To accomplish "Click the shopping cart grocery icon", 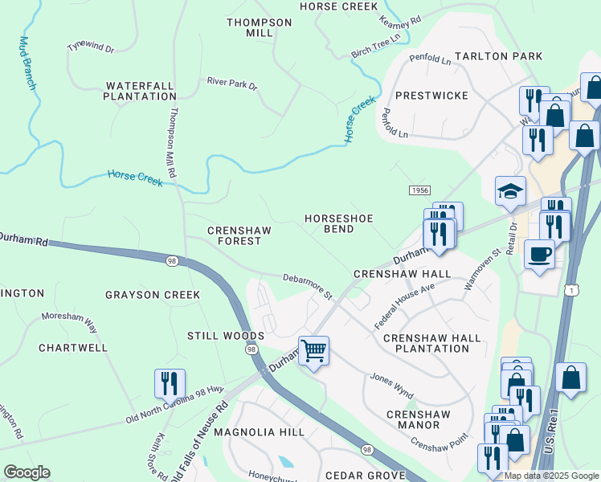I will pos(313,350).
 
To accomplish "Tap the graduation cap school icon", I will pos(510,191).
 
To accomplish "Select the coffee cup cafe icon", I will pos(538,254).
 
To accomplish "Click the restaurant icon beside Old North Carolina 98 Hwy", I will pos(170,383).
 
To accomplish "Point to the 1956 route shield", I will pos(419,190).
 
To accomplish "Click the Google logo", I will pos(27,472).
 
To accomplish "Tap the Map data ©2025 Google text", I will pos(551,476).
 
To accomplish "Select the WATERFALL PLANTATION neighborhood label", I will pos(140,91).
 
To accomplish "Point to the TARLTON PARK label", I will pos(498,57).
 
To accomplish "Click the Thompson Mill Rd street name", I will pos(173,144).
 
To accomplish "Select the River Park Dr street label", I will pos(231,84).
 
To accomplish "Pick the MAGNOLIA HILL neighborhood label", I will pos(264,432).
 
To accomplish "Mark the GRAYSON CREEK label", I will pos(153,295).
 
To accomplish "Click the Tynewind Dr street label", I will pos(91,47).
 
